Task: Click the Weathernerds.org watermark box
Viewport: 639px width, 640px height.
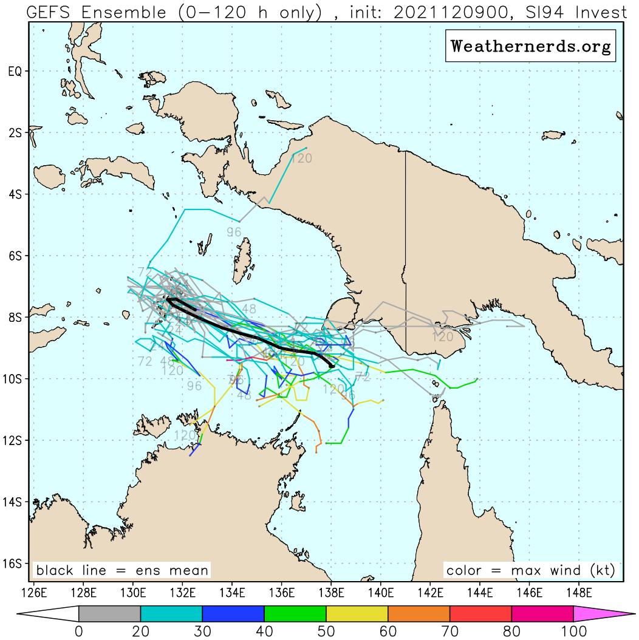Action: coord(531,46)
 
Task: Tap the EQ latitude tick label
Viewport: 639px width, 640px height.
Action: coord(15,71)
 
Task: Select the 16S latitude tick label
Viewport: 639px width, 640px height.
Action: coord(15,563)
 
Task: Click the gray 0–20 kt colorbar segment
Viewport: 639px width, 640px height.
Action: coord(109,614)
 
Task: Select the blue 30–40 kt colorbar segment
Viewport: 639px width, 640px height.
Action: coord(233,614)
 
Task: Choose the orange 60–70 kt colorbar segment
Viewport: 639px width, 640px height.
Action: coord(419,614)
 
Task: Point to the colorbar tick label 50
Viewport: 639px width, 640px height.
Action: coord(326,631)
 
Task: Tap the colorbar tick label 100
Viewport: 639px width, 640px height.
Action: coord(573,631)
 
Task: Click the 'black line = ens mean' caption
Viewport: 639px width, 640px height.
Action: coord(122,570)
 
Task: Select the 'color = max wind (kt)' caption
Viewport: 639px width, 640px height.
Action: coord(530,570)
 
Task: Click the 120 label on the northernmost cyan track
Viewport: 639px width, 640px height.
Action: coord(302,158)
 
